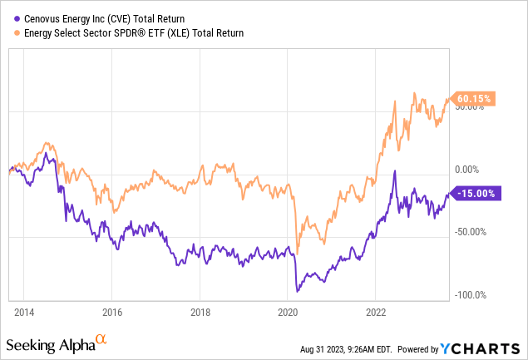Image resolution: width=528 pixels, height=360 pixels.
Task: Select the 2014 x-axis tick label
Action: pyautogui.click(x=25, y=313)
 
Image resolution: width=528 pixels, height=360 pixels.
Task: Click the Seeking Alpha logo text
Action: pyautogui.click(x=49, y=344)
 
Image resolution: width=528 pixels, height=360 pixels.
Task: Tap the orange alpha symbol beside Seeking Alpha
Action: pyautogui.click(x=101, y=339)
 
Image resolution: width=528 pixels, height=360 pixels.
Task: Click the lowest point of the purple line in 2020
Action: pyautogui.click(x=298, y=292)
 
